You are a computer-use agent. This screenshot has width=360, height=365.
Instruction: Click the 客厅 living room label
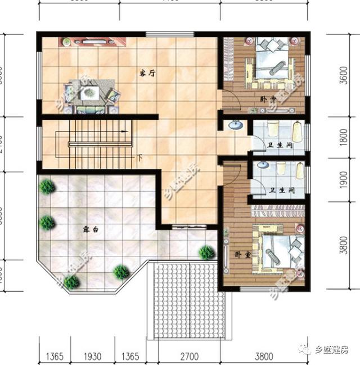(147, 73)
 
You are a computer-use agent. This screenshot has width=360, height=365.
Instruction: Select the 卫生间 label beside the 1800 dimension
(281, 146)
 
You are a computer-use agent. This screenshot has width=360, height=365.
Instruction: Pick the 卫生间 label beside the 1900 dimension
(281, 191)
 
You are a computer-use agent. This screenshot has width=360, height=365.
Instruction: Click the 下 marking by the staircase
(138, 158)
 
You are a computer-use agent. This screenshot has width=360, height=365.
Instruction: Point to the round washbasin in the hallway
(236, 125)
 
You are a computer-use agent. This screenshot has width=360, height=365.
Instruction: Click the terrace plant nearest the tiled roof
(207, 252)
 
